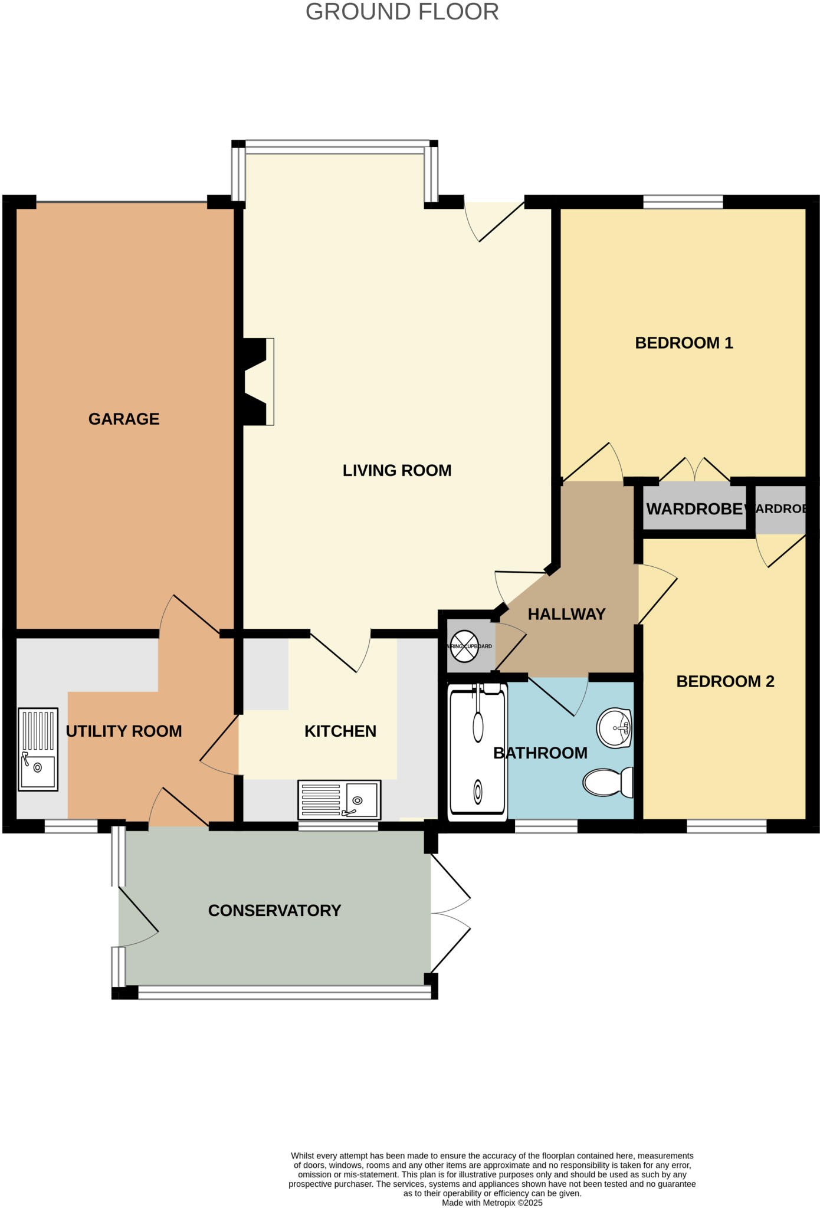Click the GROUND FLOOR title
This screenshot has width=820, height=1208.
(x=402, y=12)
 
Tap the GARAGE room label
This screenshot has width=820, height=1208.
(x=124, y=419)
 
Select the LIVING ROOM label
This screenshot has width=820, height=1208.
(x=397, y=470)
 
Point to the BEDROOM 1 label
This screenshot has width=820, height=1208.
(x=684, y=343)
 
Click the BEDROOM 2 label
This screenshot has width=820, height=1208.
(x=725, y=681)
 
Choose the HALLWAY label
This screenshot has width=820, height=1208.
(x=566, y=614)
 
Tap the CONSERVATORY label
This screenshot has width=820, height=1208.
(x=274, y=910)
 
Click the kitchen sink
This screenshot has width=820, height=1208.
(x=339, y=799)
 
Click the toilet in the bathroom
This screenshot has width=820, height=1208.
(x=608, y=782)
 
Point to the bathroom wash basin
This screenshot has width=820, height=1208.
(x=615, y=727)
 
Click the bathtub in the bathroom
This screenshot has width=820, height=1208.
(x=478, y=752)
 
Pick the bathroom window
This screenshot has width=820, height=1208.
(x=546, y=826)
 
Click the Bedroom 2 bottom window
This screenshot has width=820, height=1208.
(x=726, y=826)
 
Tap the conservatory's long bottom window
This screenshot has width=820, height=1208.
(x=284, y=993)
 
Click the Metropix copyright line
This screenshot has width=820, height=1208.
(x=492, y=1203)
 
